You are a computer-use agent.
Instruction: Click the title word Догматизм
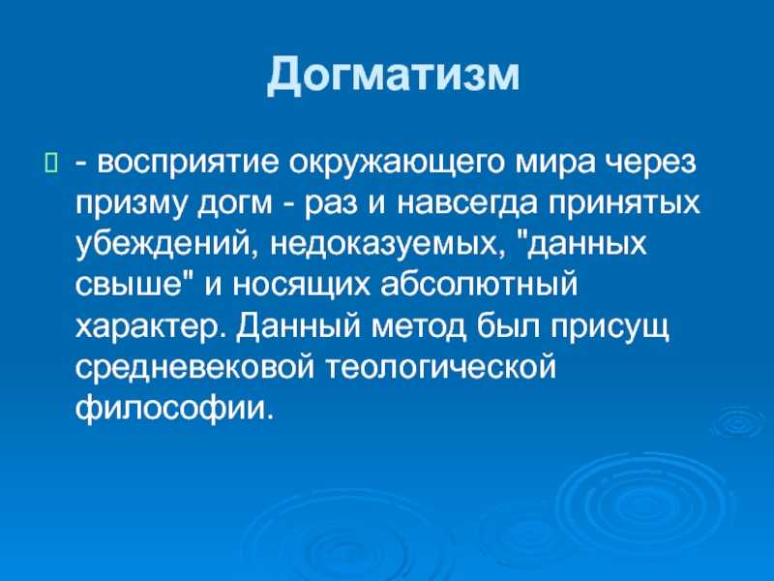[394, 75]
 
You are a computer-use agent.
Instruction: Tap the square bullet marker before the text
[51, 163]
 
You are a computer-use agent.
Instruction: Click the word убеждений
[168, 244]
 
